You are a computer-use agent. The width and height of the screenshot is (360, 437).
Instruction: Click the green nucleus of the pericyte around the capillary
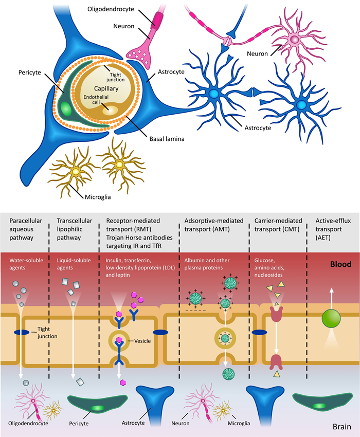(65, 109)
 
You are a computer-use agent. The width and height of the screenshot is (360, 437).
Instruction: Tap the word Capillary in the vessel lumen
(106, 88)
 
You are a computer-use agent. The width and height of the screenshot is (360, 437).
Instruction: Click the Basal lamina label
(167, 139)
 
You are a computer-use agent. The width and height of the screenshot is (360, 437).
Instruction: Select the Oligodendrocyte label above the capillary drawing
(111, 9)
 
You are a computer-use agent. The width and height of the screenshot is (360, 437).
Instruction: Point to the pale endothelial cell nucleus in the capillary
(110, 110)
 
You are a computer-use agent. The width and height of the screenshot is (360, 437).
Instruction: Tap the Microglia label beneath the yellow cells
(98, 197)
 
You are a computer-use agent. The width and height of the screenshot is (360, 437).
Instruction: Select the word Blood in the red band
(341, 264)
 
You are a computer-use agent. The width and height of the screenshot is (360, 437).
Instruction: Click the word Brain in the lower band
(342, 427)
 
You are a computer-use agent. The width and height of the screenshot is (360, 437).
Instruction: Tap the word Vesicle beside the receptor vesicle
(142, 341)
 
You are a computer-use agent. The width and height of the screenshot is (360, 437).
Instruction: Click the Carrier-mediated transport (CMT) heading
(278, 225)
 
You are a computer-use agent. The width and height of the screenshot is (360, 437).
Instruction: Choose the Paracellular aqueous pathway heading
(26, 229)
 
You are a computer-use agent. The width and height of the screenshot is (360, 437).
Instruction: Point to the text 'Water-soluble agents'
(26, 264)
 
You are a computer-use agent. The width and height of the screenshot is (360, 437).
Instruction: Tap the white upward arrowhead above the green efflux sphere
(331, 290)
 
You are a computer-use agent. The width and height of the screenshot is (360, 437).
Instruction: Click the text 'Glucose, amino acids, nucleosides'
(269, 267)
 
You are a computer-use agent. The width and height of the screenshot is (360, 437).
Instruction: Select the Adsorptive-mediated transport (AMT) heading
(214, 225)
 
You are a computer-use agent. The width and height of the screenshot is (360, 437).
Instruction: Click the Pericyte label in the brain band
(79, 423)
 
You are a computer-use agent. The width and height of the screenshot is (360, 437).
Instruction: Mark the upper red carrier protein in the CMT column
(276, 314)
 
